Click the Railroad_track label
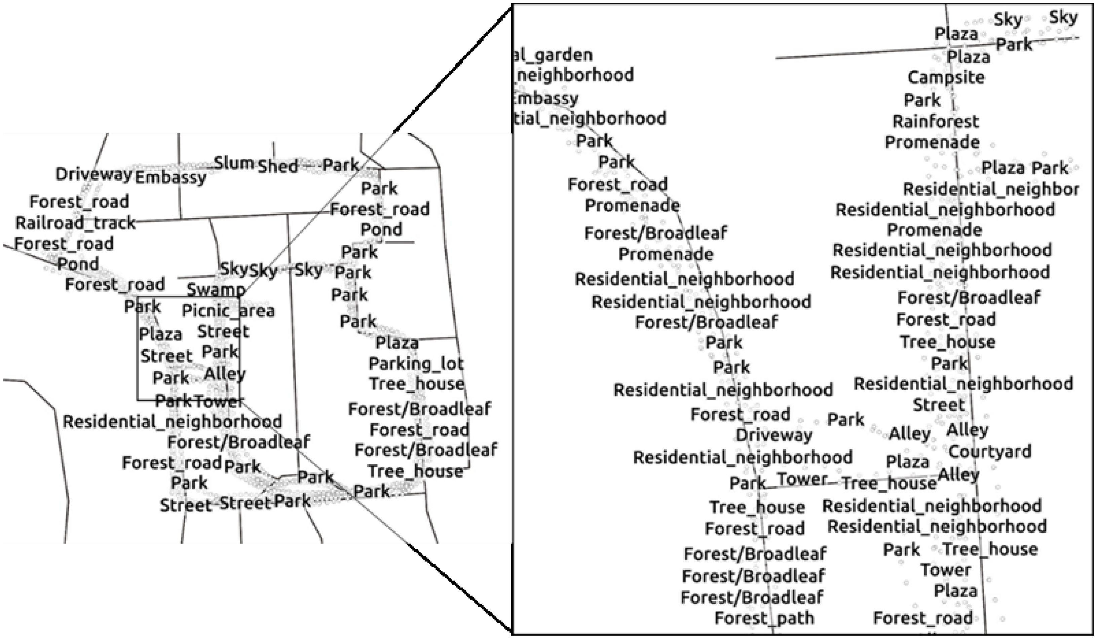click(x=75, y=223)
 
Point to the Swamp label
click(x=216, y=290)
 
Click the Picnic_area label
click(x=228, y=311)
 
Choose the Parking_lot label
click(x=416, y=363)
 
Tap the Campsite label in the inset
click(x=946, y=78)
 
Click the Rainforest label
click(x=936, y=121)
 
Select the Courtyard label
click(x=989, y=452)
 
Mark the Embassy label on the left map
click(x=171, y=177)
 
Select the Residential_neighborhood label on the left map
click(x=173, y=422)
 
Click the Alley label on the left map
click(x=224, y=374)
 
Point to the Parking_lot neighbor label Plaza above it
click(x=397, y=343)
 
